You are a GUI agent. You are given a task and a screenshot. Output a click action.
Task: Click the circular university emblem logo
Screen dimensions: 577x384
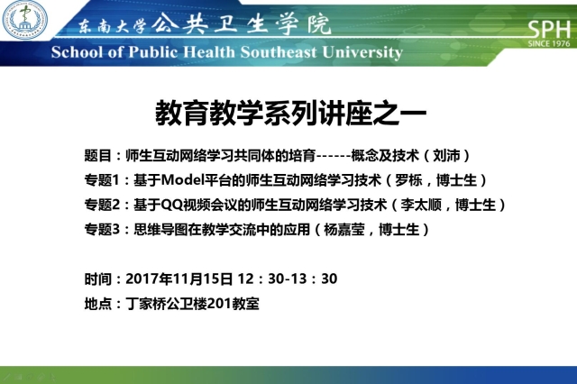coord(24,20)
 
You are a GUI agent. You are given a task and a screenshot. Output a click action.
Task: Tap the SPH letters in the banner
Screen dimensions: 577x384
coord(549,30)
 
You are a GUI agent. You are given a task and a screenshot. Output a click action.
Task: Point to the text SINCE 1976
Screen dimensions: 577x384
coord(549,44)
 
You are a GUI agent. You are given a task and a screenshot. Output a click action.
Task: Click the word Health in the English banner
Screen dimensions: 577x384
coord(209,52)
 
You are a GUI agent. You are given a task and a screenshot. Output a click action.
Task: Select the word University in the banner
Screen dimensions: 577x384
coord(362,52)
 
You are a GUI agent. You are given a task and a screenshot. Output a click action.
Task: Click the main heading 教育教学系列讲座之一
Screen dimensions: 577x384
coord(290,113)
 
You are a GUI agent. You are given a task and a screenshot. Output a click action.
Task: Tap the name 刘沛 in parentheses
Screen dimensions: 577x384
coord(446,156)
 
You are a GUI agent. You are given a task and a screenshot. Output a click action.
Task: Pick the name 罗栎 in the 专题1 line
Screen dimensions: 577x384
coord(408,180)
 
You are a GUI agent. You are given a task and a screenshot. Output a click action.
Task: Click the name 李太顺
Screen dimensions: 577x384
coord(421,205)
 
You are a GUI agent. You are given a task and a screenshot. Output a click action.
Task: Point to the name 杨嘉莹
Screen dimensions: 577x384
coord(344,230)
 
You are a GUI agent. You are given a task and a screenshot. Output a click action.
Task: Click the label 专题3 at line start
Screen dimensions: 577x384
coord(102,230)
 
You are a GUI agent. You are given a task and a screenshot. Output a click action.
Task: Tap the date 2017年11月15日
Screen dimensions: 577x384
coord(179,279)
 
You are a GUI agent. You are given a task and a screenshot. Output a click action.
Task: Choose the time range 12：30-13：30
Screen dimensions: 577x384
coord(288,279)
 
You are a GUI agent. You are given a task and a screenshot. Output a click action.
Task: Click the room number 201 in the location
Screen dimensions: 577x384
coord(219,304)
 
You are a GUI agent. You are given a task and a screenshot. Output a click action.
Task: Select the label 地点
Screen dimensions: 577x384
coord(98,304)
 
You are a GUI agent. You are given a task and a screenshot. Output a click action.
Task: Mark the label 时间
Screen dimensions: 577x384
coord(98,279)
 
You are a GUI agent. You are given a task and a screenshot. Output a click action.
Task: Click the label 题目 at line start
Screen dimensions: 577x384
coord(98,156)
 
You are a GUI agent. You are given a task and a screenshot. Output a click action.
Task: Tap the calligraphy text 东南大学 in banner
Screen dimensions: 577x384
coord(112,26)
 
